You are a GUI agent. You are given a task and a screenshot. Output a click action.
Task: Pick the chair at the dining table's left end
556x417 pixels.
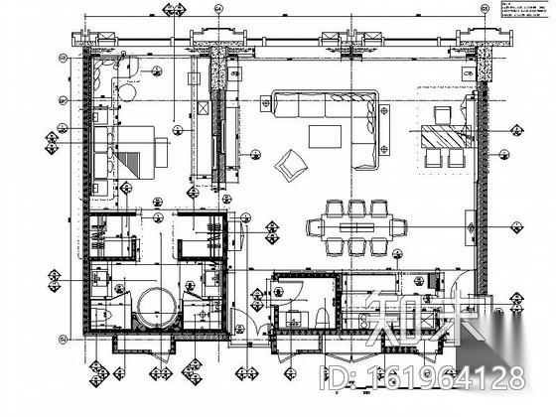(314, 226)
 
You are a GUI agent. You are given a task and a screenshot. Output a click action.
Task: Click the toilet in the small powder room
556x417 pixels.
(325, 316)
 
